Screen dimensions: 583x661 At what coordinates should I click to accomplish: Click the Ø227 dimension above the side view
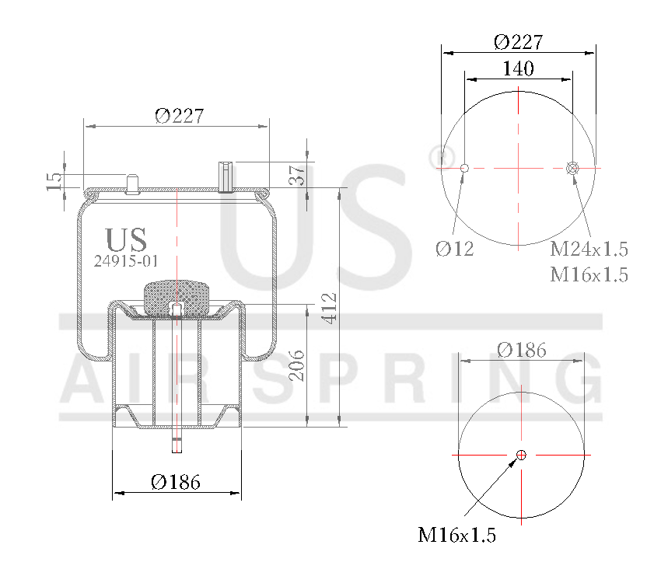(179, 116)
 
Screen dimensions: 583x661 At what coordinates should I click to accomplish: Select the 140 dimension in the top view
(518, 68)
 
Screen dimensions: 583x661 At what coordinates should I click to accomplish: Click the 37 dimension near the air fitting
(296, 175)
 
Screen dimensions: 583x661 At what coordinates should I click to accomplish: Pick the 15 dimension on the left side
(54, 181)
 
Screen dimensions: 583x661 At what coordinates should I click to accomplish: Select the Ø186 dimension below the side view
(176, 482)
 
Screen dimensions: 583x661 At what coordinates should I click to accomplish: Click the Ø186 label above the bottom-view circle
(521, 350)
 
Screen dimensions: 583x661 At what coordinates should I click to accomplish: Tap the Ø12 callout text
(455, 249)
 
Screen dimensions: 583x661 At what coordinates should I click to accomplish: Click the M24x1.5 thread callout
(589, 250)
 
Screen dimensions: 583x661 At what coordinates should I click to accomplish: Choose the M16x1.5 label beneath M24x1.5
(589, 274)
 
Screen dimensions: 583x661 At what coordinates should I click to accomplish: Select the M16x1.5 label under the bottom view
(457, 535)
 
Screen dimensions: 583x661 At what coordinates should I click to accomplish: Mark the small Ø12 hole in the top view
(464, 168)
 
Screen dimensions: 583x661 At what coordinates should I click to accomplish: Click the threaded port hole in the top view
(573, 168)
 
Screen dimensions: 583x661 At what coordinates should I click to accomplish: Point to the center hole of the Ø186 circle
(521, 455)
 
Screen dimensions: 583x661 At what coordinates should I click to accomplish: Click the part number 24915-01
(126, 262)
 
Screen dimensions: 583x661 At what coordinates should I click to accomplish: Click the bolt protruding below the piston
(177, 443)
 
